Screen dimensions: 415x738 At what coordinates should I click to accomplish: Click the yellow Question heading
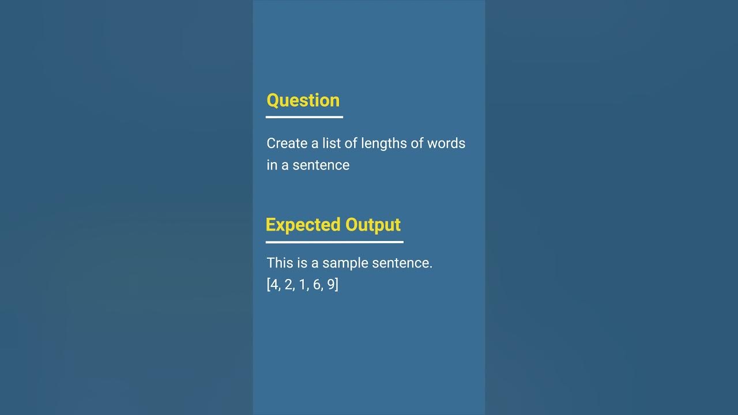coord(303,100)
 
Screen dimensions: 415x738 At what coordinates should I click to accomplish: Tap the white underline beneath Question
coord(304,117)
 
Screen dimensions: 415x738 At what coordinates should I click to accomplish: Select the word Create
coord(287,144)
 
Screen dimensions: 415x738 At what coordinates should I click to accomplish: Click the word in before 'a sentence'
coord(272,165)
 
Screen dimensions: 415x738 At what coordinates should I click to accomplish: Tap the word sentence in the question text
coord(321,165)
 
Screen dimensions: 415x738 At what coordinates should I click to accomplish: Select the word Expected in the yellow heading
coord(303,225)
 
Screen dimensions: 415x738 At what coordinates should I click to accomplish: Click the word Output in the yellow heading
coord(373,225)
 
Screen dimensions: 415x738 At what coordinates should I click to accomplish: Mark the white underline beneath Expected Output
coord(334,242)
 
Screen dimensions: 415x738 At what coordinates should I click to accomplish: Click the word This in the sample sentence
coord(280,263)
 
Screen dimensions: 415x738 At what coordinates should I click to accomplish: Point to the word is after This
coord(302,263)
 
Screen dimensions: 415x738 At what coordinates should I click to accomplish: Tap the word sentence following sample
coord(402,263)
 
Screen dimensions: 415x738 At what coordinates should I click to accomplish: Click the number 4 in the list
coord(274,285)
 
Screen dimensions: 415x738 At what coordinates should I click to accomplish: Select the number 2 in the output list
coord(288,285)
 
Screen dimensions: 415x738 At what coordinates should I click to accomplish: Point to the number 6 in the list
coord(317,285)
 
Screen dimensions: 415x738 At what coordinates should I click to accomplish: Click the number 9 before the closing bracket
coord(331,285)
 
